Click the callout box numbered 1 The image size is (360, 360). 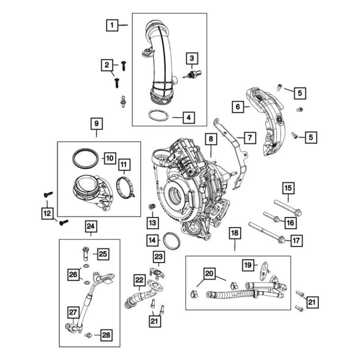pos(112,25)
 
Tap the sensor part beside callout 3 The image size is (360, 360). pos(193,74)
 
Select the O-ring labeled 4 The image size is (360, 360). pos(159,116)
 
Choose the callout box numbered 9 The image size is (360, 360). pos(96,123)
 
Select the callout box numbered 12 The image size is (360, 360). pos(47,212)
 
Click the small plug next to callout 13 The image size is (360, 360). pos(152,207)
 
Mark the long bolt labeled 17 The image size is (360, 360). pos(265,232)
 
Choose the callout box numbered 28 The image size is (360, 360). pos(106,335)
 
